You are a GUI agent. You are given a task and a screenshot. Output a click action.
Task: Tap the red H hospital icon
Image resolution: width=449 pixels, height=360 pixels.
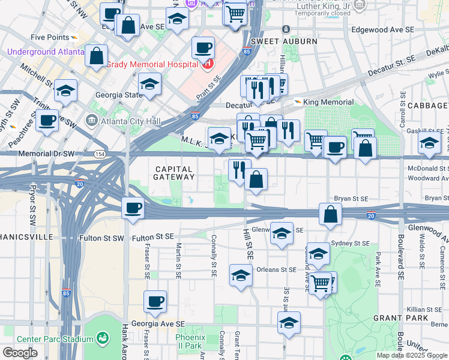point(208,62)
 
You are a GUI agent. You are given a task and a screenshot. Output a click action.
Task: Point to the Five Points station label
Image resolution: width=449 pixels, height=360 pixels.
point(50,37)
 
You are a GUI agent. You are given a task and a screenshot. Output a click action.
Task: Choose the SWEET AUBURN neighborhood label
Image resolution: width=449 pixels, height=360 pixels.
point(275,41)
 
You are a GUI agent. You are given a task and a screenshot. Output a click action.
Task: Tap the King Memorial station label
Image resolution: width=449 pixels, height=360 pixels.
point(328,102)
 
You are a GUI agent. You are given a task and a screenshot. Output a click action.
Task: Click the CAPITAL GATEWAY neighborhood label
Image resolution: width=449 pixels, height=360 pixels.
point(173,173)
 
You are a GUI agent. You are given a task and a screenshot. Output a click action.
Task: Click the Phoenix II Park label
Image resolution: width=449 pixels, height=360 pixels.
point(190,341)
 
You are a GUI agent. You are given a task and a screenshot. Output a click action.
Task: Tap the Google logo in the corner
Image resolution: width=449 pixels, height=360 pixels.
point(20,353)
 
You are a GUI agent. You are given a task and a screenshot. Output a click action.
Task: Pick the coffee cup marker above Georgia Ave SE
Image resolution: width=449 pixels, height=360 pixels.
point(155,301)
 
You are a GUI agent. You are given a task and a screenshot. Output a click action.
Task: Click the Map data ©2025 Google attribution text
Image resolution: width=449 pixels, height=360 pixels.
point(412,355)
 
